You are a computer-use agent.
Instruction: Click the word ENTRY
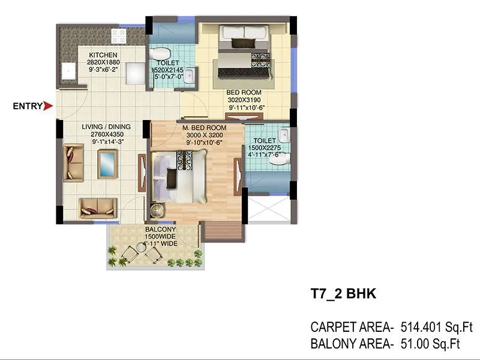pyautogui.click(x=28, y=107)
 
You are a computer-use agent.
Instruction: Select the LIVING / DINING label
pyautogui.click(x=106, y=127)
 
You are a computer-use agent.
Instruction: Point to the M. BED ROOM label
pyautogui.click(x=205, y=128)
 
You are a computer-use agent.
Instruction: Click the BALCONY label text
pyautogui.click(x=160, y=230)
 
